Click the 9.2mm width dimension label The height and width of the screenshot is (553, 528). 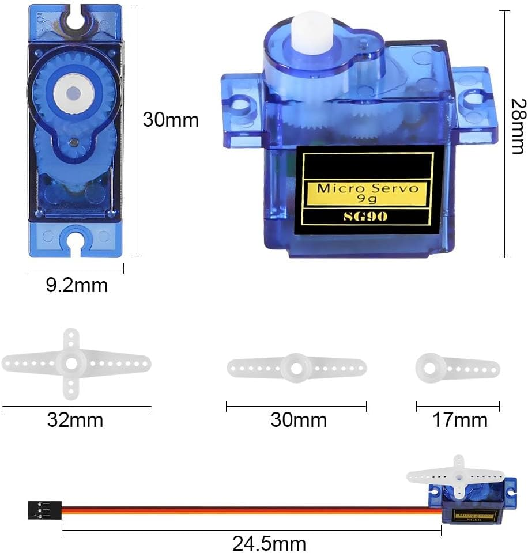(77, 285)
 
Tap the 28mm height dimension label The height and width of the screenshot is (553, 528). (518, 126)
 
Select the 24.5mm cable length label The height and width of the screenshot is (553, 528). (269, 543)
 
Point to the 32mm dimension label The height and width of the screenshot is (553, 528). (75, 420)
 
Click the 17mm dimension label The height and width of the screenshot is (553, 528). (460, 420)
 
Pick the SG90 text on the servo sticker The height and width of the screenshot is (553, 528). (365, 216)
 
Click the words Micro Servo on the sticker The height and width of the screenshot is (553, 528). (368, 188)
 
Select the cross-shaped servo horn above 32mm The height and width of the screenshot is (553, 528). (76, 364)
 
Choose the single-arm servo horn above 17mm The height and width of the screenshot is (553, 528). (458, 369)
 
